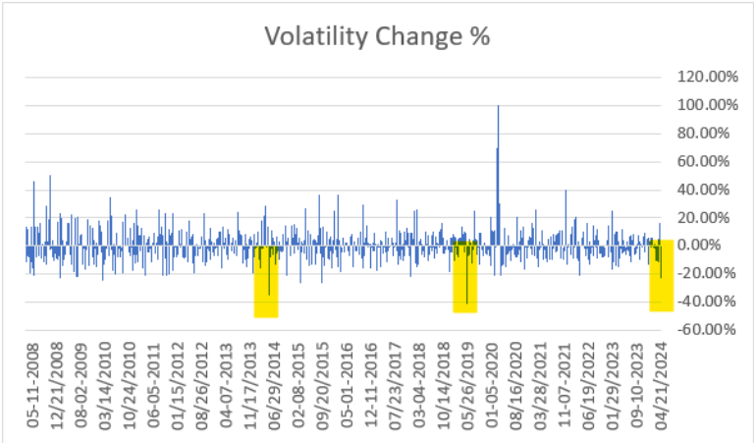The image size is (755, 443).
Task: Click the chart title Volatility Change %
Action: click(x=378, y=37)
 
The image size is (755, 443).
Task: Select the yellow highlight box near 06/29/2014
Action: click(x=266, y=281)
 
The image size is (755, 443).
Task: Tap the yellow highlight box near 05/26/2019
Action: click(x=464, y=277)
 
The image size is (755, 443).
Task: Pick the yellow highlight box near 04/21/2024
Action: click(x=661, y=276)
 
